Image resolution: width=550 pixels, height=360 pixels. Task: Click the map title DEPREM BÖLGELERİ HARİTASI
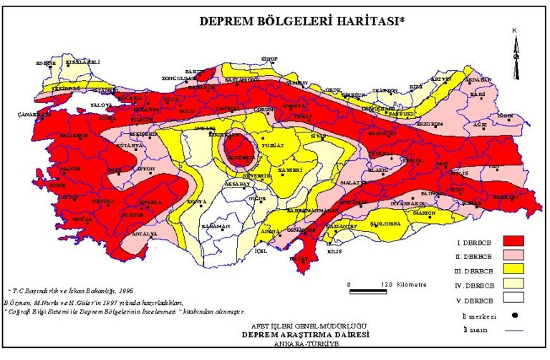pos(301,21)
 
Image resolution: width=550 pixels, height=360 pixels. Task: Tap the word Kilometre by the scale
pos(410,284)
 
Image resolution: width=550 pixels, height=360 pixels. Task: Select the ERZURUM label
pos(430,122)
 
